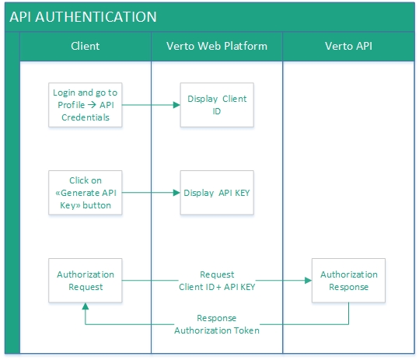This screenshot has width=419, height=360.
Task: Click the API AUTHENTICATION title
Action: click(83, 16)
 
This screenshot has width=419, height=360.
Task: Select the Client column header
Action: click(85, 46)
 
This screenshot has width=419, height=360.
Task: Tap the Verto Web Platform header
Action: click(217, 46)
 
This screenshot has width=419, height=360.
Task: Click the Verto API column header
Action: click(348, 46)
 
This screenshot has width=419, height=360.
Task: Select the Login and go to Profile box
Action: click(86, 104)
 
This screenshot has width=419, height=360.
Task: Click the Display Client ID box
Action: click(217, 104)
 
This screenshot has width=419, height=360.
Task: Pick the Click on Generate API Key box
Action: click(86, 192)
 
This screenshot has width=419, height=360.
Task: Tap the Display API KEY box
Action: click(217, 192)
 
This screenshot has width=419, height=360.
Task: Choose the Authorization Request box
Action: click(86, 280)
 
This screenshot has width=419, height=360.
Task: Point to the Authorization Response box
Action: click(349, 280)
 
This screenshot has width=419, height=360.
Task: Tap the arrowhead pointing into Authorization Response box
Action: click(308, 280)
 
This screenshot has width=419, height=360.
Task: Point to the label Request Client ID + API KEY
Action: click(217, 280)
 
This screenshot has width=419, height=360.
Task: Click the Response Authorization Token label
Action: click(217, 324)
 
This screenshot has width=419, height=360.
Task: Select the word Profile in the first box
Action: click(72, 105)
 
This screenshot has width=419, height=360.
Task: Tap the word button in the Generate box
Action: click(96, 206)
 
